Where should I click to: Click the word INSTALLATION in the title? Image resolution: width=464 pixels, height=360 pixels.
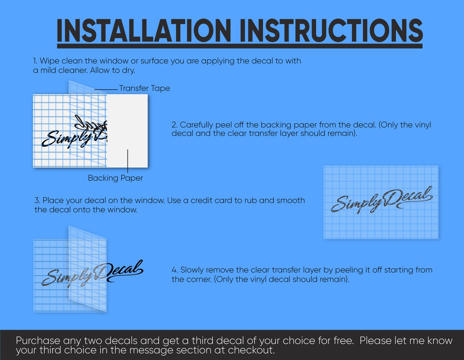pyautogui.click(x=144, y=31)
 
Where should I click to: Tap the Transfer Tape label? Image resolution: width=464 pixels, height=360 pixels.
pyautogui.click(x=144, y=88)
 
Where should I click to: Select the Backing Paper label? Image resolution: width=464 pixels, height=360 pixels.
pyautogui.click(x=116, y=178)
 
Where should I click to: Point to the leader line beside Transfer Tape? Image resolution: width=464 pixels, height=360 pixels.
pyautogui.click(x=106, y=89)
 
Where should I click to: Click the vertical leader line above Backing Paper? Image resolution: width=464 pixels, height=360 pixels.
pyautogui.click(x=128, y=161)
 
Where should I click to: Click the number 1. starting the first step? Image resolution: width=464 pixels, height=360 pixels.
pyautogui.click(x=35, y=61)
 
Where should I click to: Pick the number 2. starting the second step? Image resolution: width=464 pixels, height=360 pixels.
pyautogui.click(x=175, y=125)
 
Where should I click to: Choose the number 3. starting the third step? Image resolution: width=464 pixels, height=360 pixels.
pyautogui.click(x=37, y=200)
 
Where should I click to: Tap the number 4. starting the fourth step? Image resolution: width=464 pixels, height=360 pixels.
pyautogui.click(x=175, y=270)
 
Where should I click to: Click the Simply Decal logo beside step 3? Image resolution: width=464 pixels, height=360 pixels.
pyautogui.click(x=382, y=200)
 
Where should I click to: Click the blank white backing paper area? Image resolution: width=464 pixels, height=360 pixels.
pyautogui.click(x=127, y=131)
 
